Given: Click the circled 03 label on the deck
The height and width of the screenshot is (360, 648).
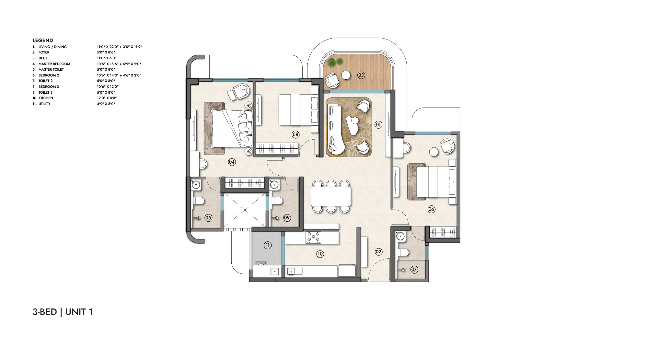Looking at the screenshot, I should pos(361,75).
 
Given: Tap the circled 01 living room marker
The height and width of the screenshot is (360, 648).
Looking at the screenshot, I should pos(378,124).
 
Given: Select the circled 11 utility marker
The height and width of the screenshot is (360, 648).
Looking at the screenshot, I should pos(267,245).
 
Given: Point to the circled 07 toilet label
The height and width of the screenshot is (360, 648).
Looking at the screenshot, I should pos(414,269).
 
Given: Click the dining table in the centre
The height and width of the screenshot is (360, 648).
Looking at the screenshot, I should pos(331,197).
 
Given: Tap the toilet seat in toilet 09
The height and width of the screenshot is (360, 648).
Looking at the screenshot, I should pos(277,201).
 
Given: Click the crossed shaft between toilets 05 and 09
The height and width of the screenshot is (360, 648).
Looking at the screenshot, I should pos(245,211).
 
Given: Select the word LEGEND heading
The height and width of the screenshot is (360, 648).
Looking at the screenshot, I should pos(42,41).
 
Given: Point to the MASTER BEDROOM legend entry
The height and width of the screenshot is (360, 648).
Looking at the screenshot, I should pos(54,64).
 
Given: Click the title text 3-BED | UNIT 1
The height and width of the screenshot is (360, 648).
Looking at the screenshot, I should pos(63,312).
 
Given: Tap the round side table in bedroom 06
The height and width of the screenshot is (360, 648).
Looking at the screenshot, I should pos(434,151).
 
